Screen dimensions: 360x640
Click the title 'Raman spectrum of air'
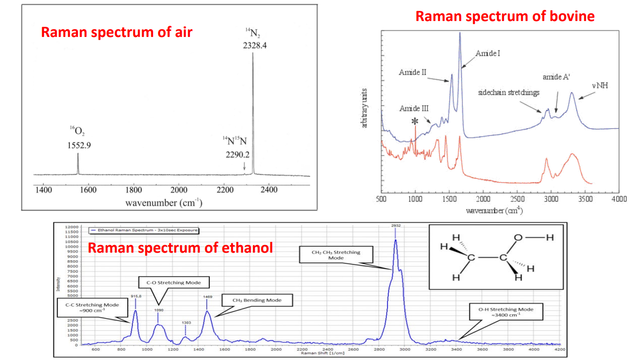point(117,32)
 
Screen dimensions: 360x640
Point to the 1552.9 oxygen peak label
point(79,145)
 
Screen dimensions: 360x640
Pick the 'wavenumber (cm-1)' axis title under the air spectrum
point(164,202)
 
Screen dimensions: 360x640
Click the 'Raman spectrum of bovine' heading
point(505,16)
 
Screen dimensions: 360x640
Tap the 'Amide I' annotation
point(488,53)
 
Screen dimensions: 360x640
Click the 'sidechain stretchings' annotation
point(509,93)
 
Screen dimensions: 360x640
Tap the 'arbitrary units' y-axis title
point(364,108)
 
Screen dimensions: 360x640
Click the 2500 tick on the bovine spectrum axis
point(517,199)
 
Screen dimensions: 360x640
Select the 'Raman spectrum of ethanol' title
point(180,248)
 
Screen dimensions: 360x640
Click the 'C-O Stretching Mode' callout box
point(174,282)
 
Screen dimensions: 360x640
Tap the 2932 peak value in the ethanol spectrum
point(395,225)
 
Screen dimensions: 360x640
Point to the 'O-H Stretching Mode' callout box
point(506,312)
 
